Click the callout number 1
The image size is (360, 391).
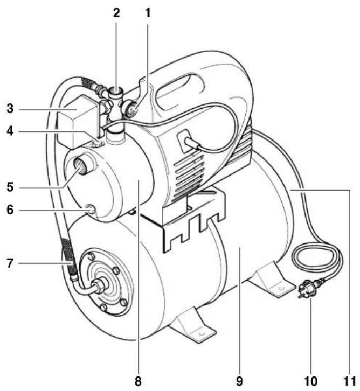pos(147,11)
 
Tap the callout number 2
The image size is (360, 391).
pos(116,11)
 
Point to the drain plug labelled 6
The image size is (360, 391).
pos(89,208)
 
